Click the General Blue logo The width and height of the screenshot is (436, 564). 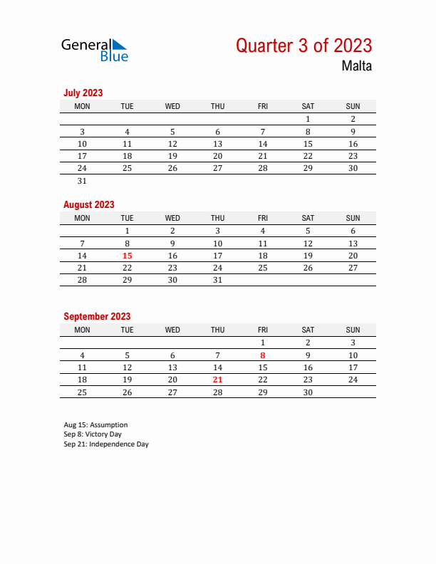pos(95,49)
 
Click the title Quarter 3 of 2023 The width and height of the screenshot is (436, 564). pos(303,46)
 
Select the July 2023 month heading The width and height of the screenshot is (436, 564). pos(83,93)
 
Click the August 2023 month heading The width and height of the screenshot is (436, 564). pos(89,204)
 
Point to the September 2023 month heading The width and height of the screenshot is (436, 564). pos(97,316)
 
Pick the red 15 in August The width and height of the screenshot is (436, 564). pos(128,256)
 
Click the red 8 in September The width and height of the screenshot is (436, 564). pos(263,355)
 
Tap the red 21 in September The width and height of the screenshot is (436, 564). pos(217,380)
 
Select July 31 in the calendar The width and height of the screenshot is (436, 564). pos(82,181)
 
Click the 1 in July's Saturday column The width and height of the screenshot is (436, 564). pos(308,120)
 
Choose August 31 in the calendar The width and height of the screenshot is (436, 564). pos(217,280)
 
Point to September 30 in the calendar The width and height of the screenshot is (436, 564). pos(308,392)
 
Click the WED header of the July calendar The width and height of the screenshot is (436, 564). pos(172,106)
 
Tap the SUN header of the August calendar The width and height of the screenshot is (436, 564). pos(353,218)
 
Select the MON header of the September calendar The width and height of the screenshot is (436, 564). pos(82,330)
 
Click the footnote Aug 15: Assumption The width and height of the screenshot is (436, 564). pos(95,425)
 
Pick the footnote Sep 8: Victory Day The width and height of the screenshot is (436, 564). pos(93,434)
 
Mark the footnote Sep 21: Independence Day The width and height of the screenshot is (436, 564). pos(106,444)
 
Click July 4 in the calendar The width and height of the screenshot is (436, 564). pos(128,132)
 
